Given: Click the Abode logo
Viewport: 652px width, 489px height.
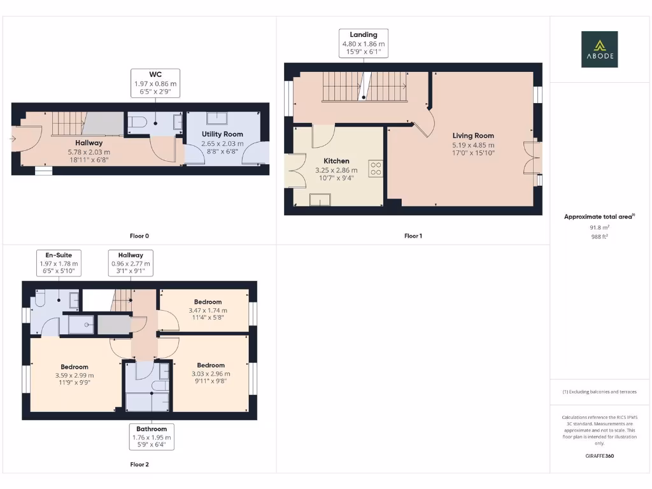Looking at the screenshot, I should tap(599, 50).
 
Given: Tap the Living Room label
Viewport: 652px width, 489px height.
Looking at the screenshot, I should tap(473, 136).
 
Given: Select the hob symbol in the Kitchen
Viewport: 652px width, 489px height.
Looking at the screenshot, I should tap(376, 169).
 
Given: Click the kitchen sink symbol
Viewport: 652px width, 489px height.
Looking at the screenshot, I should tap(316, 201).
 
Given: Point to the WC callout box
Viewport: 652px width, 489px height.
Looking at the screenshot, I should tap(155, 83).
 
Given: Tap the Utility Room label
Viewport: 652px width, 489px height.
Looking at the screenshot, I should tap(222, 134).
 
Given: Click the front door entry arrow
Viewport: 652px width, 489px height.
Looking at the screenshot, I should tap(13, 138).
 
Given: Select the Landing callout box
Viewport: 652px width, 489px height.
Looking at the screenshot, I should tap(363, 43).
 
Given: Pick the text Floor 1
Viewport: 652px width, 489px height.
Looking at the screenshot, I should tap(413, 236).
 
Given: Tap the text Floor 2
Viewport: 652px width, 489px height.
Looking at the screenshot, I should tap(139, 465).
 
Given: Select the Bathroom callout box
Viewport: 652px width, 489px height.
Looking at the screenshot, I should tap(151, 437).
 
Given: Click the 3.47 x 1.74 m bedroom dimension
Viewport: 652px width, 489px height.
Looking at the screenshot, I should tap(208, 310).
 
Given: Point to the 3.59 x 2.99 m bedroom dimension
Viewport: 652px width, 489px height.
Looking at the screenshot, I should tap(74, 375).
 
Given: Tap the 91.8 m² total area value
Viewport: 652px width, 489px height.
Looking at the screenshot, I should tap(599, 227).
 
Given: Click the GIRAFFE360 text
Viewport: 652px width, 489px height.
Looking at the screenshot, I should tap(599, 456).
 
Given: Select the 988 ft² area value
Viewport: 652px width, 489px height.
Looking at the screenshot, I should tap(599, 236).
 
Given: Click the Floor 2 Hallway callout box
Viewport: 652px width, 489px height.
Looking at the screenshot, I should tap(130, 263).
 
